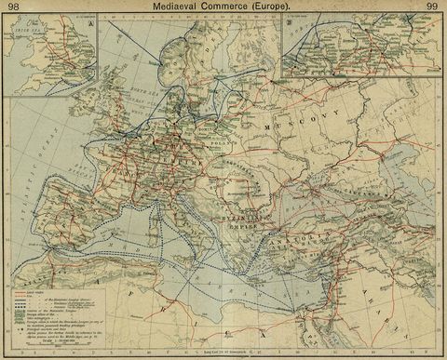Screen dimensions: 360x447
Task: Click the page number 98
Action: pyautogui.click(x=12, y=7)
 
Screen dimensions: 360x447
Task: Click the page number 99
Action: pyautogui.click(x=433, y=7)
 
